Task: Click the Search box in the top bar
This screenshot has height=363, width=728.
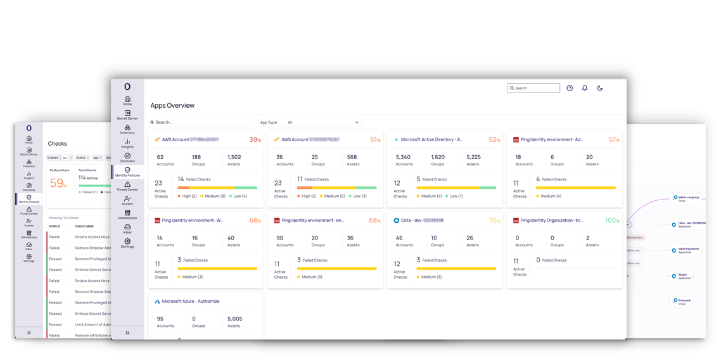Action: click(534, 88)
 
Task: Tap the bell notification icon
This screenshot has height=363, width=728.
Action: click(585, 88)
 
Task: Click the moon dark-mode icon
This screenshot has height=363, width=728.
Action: click(600, 88)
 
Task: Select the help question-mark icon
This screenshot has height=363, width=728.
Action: click(570, 88)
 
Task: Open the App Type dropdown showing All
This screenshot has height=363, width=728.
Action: click(323, 122)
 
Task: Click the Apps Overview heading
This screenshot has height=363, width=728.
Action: click(172, 105)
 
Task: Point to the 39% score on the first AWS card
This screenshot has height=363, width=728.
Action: click(255, 139)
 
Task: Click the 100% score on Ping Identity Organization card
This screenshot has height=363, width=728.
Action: click(611, 220)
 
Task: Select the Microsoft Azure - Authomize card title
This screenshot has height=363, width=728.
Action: click(190, 301)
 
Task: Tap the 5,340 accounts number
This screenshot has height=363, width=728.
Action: click(403, 157)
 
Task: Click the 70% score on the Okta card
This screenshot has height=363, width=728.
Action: click(494, 220)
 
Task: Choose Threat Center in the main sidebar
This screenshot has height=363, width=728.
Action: click(127, 186)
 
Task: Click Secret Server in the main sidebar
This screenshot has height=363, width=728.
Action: click(127, 115)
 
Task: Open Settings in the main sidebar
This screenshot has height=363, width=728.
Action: click(127, 243)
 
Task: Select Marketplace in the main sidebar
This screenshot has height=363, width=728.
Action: click(127, 215)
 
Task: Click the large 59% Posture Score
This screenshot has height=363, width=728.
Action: click(58, 183)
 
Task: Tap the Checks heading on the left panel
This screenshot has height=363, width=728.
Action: click(57, 144)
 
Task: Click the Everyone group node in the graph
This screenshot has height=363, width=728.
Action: click(682, 301)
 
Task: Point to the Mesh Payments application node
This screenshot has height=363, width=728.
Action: click(687, 250)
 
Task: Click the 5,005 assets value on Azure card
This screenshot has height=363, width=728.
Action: click(234, 319)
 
